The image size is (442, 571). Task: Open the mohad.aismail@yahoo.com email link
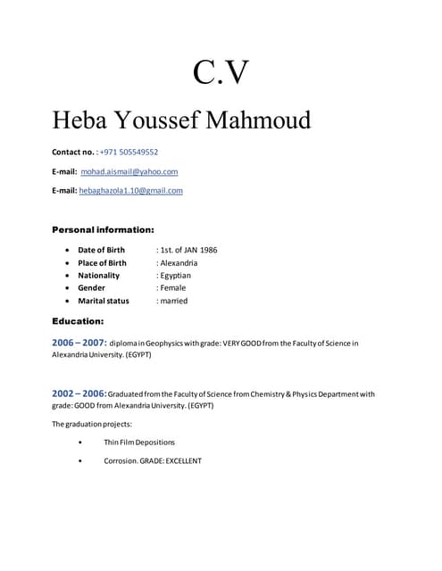pyautogui.click(x=129, y=171)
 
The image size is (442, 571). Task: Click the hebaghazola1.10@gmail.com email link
pyautogui.click(x=131, y=190)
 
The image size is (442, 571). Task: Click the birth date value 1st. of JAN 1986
pyautogui.click(x=187, y=250)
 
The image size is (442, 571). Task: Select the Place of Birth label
pyautogui.click(x=102, y=262)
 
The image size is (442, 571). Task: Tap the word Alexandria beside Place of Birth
pyautogui.click(x=178, y=262)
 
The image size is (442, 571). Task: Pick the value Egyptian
pyautogui.click(x=175, y=275)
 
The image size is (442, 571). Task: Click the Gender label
pyautogui.click(x=91, y=287)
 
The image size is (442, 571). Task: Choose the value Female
pyautogui.click(x=173, y=287)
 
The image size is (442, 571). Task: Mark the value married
pyautogui.click(x=173, y=301)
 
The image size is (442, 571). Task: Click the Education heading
pyautogui.click(x=78, y=320)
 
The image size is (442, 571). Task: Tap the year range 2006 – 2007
pyautogui.click(x=79, y=343)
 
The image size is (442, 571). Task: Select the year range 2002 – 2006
pyautogui.click(x=79, y=393)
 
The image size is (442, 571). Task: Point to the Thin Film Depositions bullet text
pyautogui.click(x=139, y=442)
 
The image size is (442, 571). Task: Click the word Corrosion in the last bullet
pyautogui.click(x=120, y=460)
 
